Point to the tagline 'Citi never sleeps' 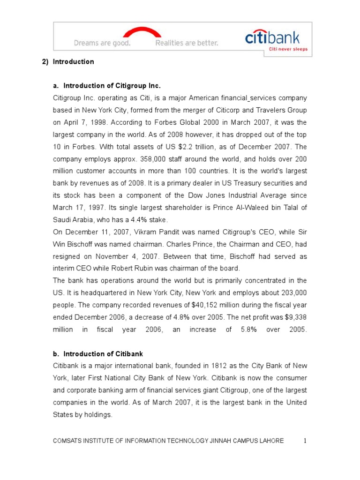click(283, 48)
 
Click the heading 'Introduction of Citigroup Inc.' click(112, 86)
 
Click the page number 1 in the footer click(305, 441)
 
